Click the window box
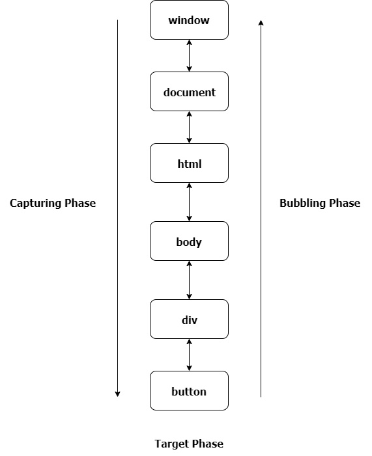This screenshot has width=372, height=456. coord(189,20)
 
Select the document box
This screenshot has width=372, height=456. coord(189,92)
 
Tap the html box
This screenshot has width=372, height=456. coord(189,163)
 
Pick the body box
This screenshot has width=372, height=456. coord(189,241)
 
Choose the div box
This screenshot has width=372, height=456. coord(189,319)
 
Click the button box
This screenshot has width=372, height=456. coord(189,391)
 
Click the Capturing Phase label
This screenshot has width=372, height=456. coord(53,203)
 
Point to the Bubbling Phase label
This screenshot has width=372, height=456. coord(319,203)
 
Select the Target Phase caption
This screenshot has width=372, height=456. coord(189,444)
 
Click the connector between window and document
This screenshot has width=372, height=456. coord(190,55)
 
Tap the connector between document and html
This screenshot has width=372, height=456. coord(190,127)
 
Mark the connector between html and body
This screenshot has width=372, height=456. coord(190,202)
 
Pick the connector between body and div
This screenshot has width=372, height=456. coord(190,280)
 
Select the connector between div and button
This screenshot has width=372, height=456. coord(190,355)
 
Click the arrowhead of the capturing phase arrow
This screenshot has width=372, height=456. coord(117,393)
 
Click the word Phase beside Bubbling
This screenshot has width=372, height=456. coord(344,203)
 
